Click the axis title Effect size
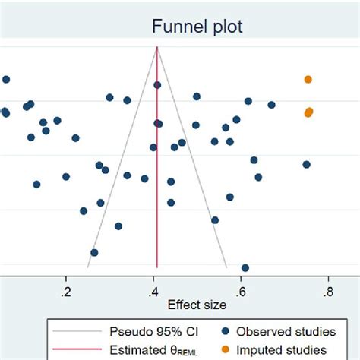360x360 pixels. coord(197,305)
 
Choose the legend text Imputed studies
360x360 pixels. coord(283,350)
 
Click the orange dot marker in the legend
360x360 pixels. coord(226,350)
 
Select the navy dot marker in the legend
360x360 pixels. coord(226,331)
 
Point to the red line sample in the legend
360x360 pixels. coord(76,350)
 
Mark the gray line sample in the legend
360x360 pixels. coord(76,331)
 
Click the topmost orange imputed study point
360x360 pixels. coord(308,79)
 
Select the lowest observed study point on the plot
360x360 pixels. coord(245,267)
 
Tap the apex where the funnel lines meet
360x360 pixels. coord(157,47)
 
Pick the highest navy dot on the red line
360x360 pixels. coord(157,85)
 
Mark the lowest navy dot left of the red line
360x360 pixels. coord(94,252)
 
